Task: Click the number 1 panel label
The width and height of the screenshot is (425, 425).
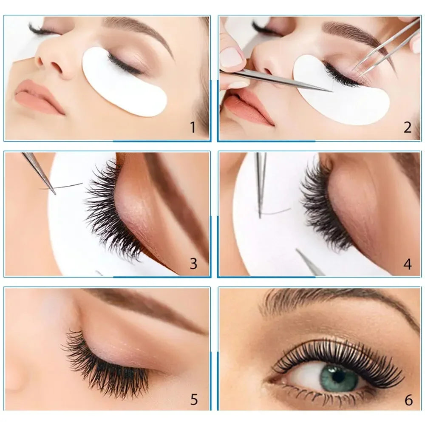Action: point(193,127)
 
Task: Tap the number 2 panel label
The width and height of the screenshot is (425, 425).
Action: point(407,127)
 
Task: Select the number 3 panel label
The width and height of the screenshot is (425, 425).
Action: point(193,263)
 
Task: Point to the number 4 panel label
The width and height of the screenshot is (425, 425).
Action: point(407,264)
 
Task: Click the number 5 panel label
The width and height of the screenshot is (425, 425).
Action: point(194,399)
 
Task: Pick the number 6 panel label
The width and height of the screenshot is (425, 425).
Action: point(408,399)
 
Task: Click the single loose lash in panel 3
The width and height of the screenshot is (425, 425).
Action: point(68,186)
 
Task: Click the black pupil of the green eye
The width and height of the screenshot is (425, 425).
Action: point(339,376)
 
